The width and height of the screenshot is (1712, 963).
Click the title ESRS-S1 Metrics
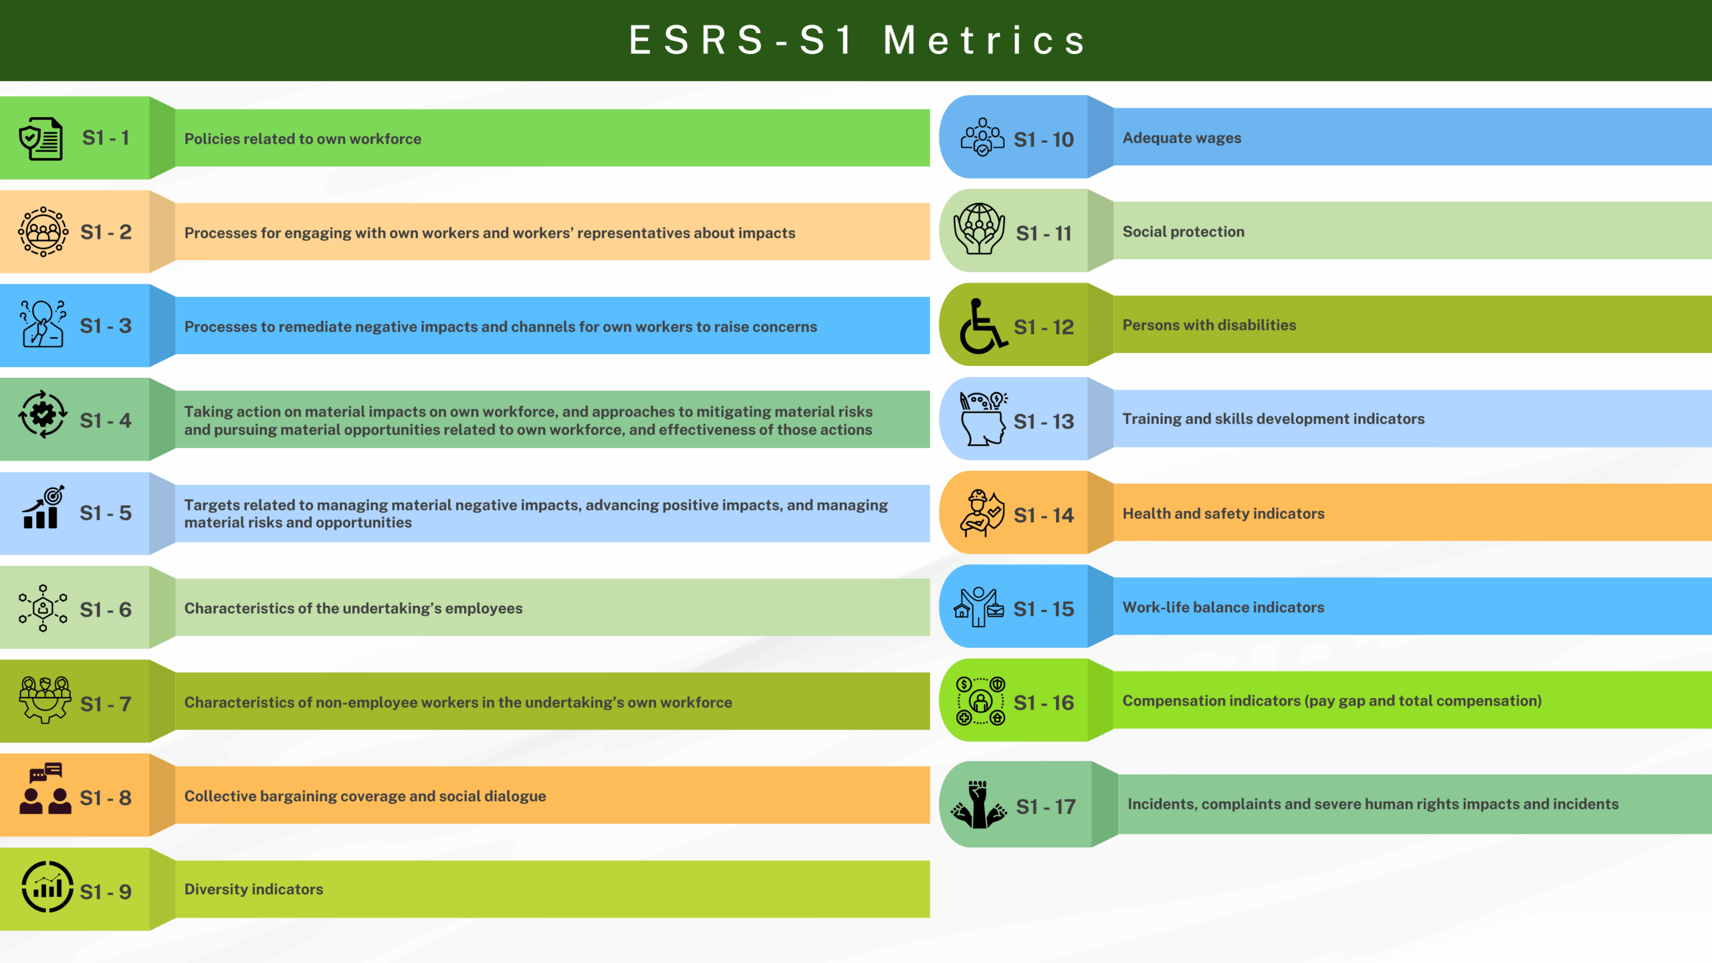click(858, 40)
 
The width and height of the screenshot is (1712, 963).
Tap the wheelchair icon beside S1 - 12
click(982, 326)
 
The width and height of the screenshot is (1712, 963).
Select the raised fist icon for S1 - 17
click(979, 805)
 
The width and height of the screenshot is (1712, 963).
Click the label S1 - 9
click(106, 891)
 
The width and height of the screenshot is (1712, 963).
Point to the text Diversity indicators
click(253, 889)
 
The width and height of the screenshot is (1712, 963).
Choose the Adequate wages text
click(1182, 138)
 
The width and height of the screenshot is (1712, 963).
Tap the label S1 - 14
click(1043, 515)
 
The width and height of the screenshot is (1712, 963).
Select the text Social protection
click(1184, 231)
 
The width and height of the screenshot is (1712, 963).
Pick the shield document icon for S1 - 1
click(41, 138)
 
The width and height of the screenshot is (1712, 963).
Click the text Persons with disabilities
click(1209, 325)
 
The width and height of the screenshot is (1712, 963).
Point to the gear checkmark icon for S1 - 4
click(43, 415)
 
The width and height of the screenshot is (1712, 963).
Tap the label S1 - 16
click(1043, 703)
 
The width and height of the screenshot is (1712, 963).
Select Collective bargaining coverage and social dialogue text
click(365, 796)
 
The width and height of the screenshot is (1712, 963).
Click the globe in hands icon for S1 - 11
click(979, 229)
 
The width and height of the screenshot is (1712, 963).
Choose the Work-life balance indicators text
click(1223, 607)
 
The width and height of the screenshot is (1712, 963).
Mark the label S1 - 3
click(106, 326)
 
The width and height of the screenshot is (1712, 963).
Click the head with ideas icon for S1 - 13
click(983, 419)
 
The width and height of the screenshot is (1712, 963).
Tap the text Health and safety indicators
click(1223, 514)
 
